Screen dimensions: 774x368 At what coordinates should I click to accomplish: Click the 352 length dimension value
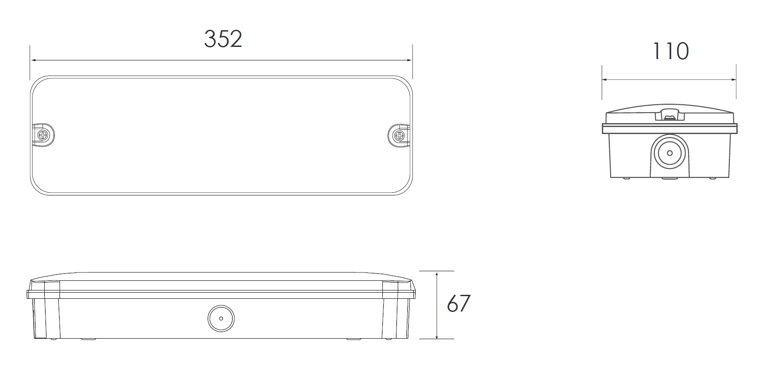[x=223, y=39]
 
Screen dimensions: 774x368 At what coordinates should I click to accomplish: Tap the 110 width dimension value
[x=671, y=51]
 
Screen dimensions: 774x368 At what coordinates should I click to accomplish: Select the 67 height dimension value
[x=458, y=303]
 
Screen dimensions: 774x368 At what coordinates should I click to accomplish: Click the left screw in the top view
[x=44, y=135]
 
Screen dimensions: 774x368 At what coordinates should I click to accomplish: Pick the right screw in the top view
[x=399, y=135]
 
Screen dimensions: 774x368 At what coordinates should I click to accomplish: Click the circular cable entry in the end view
[x=669, y=153]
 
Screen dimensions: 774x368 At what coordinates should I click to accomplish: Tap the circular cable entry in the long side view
[x=221, y=318]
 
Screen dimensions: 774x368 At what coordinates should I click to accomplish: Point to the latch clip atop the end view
[x=669, y=114]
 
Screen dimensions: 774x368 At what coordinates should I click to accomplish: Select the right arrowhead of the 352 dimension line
[x=409, y=60]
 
